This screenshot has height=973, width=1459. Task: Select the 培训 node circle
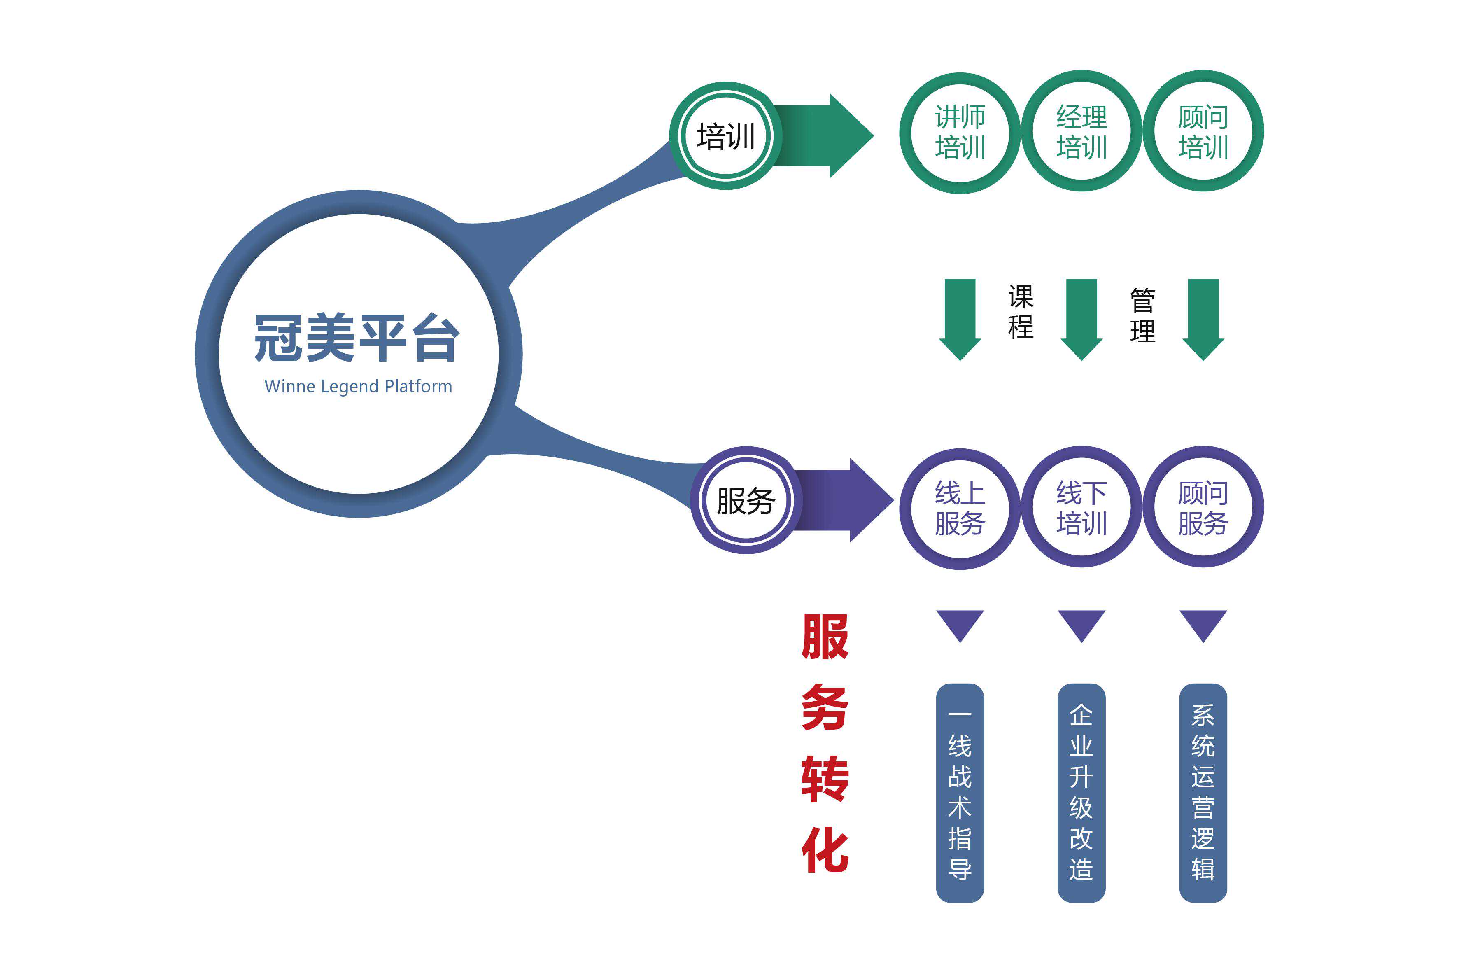[x=725, y=136]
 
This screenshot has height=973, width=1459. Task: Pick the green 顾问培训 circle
[x=1203, y=131]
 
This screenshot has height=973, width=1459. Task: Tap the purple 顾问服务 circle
[x=1203, y=507]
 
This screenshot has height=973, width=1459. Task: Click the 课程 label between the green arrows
[x=1021, y=312]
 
